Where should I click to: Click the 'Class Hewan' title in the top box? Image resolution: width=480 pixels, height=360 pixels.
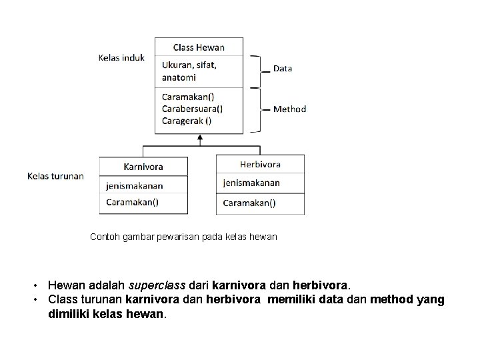click(x=199, y=47)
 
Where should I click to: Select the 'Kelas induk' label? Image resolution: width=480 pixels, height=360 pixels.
click(x=121, y=58)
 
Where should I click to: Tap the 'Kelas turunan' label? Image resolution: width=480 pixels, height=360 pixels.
click(x=55, y=176)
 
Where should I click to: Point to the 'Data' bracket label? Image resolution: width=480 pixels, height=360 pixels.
click(x=283, y=69)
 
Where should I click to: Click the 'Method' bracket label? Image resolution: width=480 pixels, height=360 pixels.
click(x=289, y=109)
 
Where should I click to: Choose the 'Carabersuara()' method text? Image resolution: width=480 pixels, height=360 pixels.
click(x=193, y=109)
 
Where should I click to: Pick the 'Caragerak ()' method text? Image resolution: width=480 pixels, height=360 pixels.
click(x=187, y=121)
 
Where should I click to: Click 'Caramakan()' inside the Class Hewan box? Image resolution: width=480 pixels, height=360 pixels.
click(x=188, y=97)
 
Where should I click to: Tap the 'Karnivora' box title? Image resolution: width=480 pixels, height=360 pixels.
click(x=143, y=166)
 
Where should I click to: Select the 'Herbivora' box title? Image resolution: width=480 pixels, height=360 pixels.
click(x=260, y=164)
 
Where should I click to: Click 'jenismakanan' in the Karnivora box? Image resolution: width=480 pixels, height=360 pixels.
click(x=135, y=186)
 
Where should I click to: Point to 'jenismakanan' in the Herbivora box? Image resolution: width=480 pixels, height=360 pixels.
click(x=251, y=183)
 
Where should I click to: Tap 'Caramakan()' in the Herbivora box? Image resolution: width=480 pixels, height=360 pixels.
click(x=249, y=203)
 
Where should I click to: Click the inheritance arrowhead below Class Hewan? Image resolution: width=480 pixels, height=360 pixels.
click(x=199, y=138)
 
